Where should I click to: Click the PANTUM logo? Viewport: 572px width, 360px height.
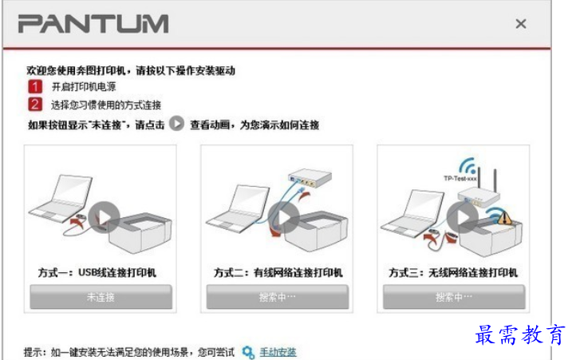pos(93,23)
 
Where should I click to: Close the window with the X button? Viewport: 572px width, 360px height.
pos(521,24)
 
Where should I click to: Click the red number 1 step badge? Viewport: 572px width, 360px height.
pos(34,87)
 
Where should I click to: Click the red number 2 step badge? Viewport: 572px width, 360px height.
pos(34,104)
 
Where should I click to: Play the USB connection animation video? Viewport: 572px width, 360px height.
pos(104,216)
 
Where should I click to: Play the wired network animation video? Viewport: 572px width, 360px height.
pos(281,216)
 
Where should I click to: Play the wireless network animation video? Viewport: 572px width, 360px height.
pos(461,216)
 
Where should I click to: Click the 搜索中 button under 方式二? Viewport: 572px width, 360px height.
pos(277,297)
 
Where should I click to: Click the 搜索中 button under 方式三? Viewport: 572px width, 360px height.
pos(453,297)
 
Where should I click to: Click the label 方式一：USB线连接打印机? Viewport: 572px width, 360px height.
pos(98,273)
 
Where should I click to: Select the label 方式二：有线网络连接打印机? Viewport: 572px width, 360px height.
pos(278,273)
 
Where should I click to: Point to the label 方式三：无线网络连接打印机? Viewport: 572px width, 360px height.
pos(453,273)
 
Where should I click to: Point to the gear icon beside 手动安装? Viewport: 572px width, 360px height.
pos(248,351)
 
